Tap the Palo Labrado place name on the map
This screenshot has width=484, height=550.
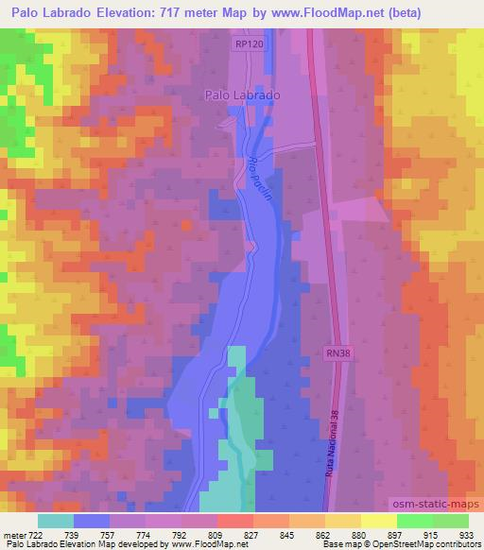point(243,95)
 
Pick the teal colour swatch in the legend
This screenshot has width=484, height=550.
point(55,520)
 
